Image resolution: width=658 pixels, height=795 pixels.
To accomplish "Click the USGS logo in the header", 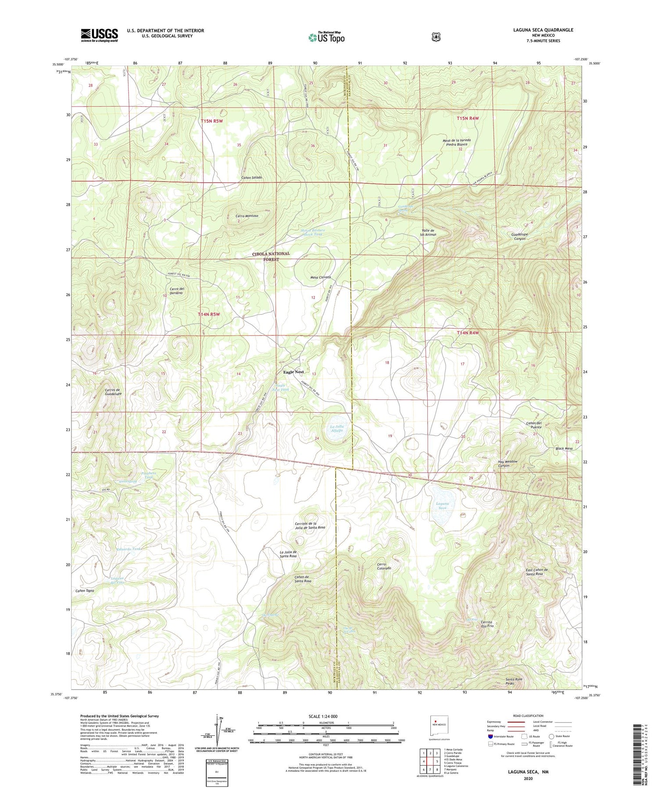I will click(x=99, y=35).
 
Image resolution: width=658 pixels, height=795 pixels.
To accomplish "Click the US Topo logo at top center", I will click(x=327, y=38).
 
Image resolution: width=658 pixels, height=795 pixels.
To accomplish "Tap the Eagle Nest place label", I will click(x=293, y=372).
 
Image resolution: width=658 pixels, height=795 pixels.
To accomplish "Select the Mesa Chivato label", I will click(x=320, y=278).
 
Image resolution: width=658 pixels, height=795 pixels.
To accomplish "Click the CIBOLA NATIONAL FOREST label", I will click(x=271, y=257).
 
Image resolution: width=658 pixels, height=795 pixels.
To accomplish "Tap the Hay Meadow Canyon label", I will click(x=508, y=463).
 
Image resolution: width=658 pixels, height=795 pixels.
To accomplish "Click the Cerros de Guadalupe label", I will click(x=113, y=392).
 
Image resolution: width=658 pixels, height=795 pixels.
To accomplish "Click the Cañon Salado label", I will click(x=252, y=178).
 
